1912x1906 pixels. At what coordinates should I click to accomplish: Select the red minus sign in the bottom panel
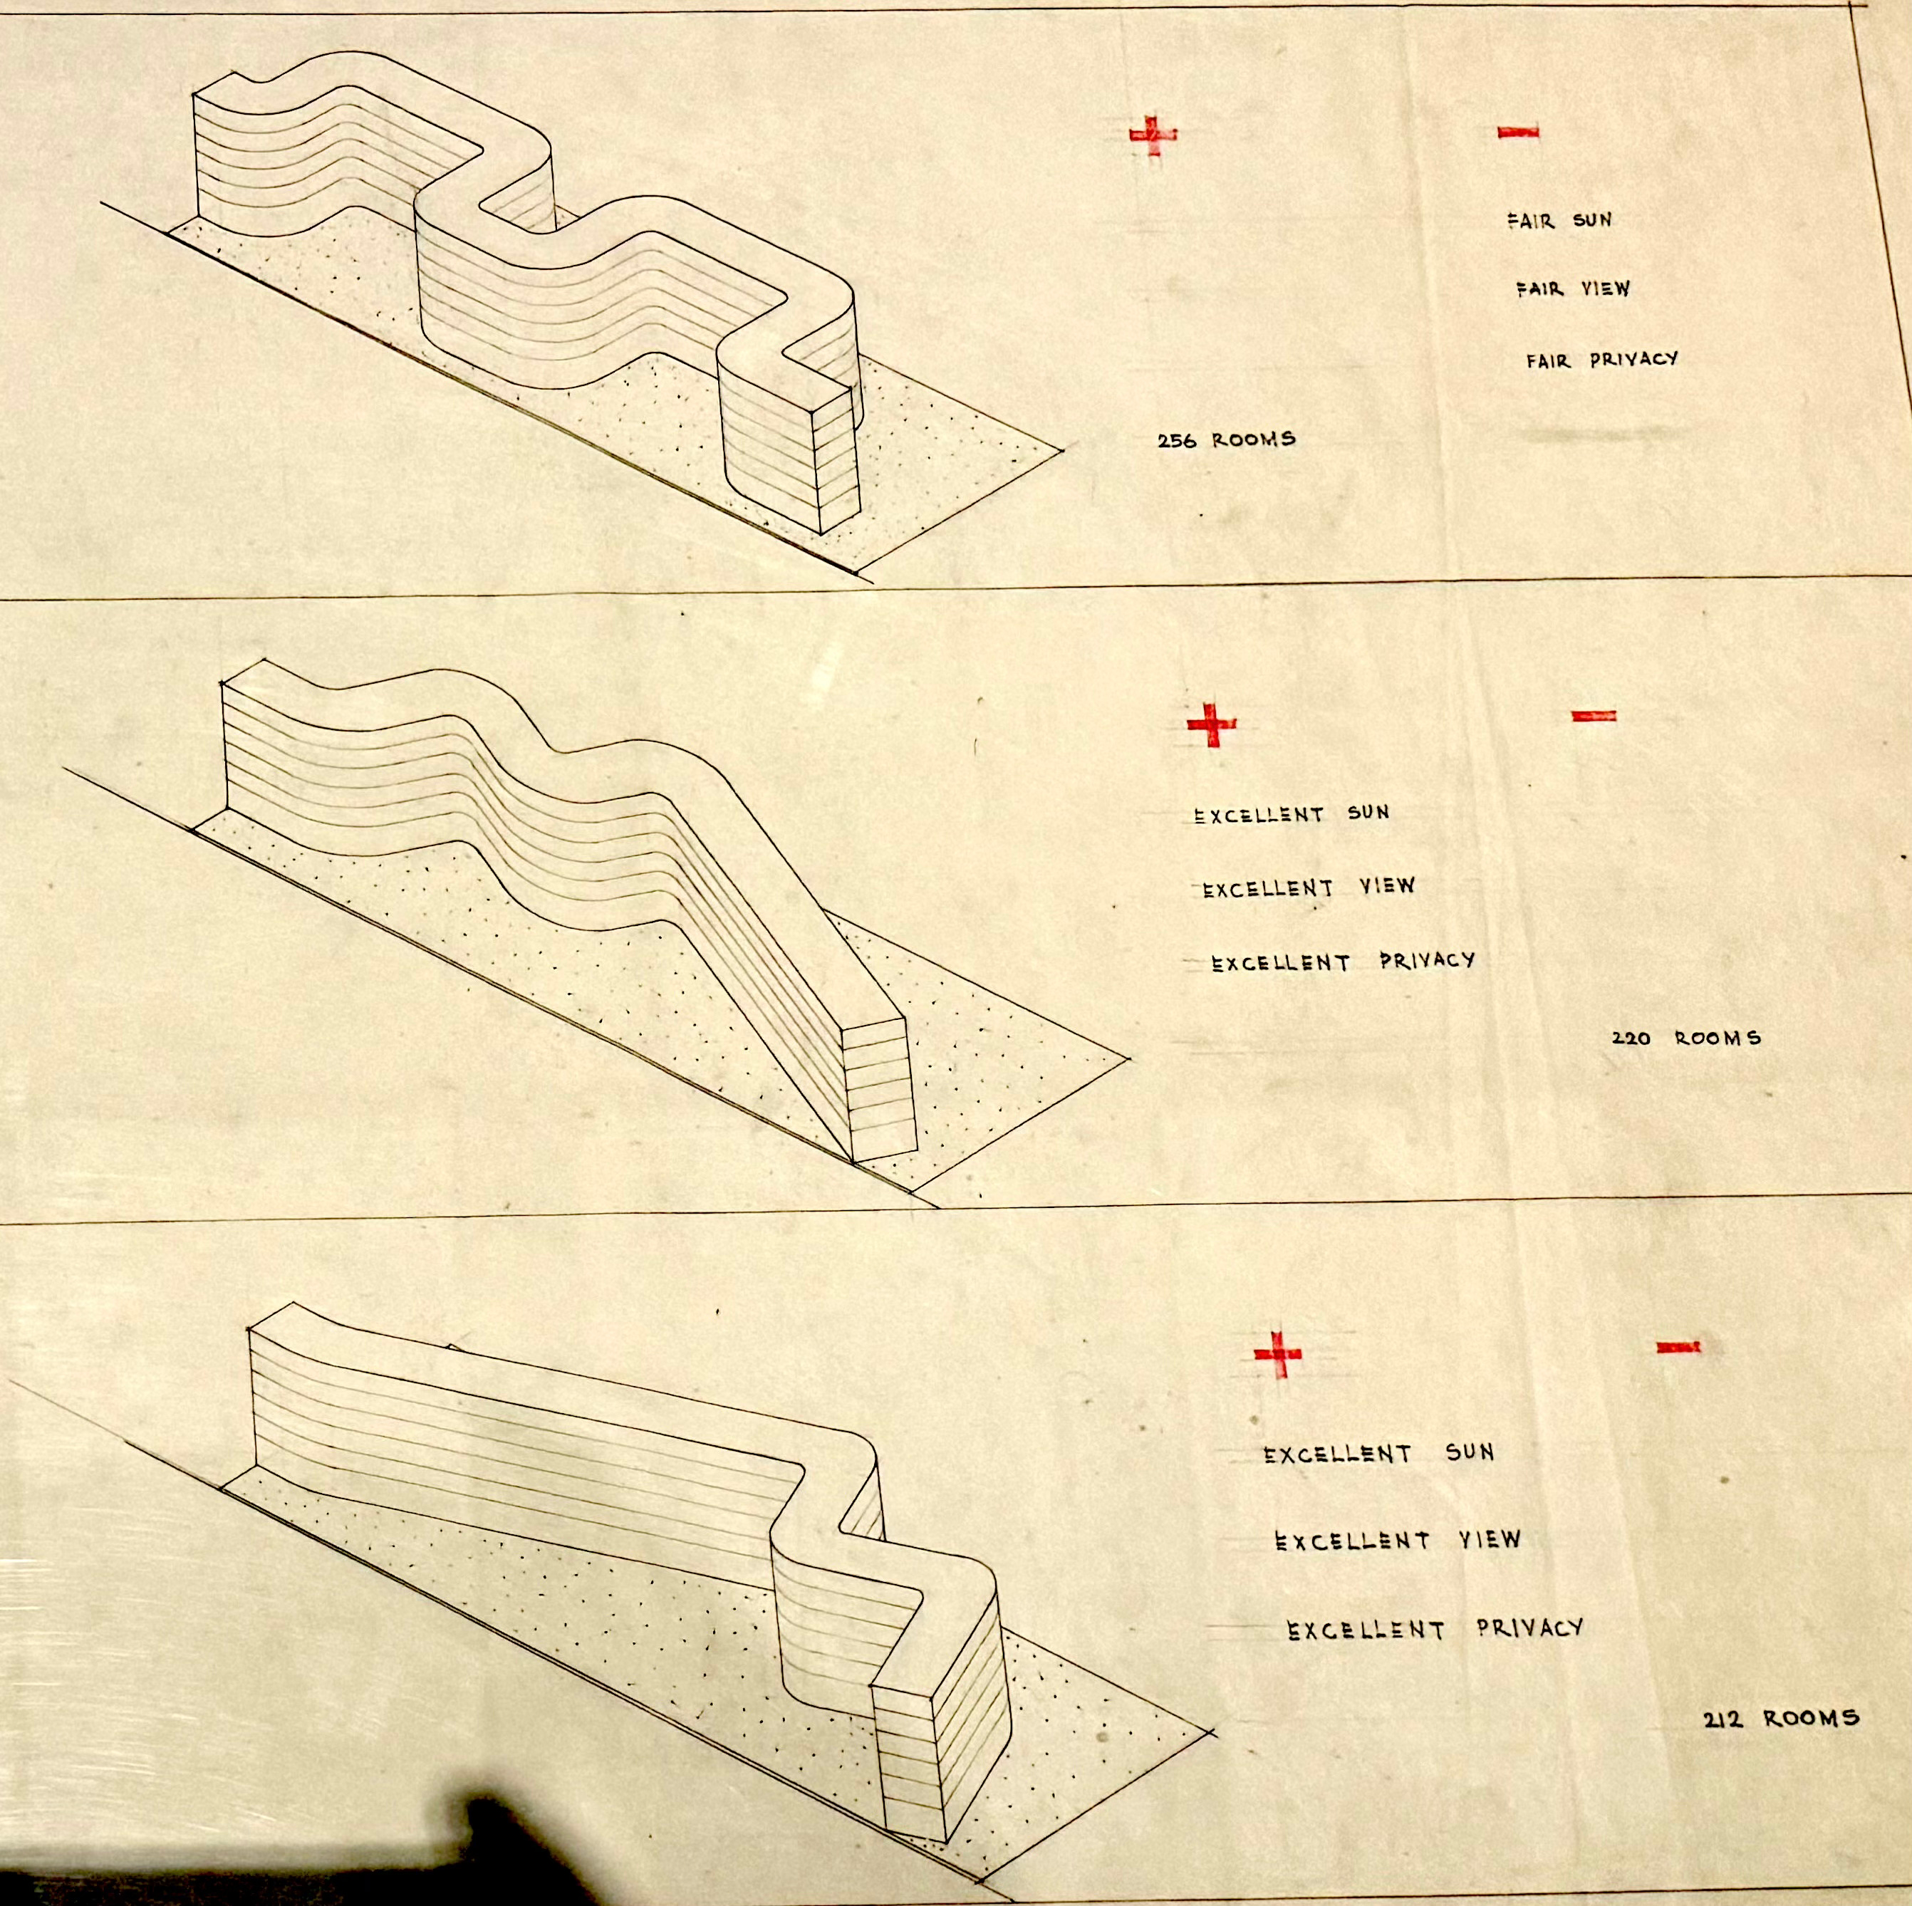point(1678,1346)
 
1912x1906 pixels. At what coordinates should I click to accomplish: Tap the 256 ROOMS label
point(1226,439)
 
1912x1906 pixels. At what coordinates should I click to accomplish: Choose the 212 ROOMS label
point(1780,1746)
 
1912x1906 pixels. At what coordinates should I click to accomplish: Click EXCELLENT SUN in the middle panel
point(1292,814)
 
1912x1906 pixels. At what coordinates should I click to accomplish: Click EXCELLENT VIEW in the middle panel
point(1309,887)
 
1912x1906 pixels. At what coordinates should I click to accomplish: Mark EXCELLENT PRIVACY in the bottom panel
point(1435,1629)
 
